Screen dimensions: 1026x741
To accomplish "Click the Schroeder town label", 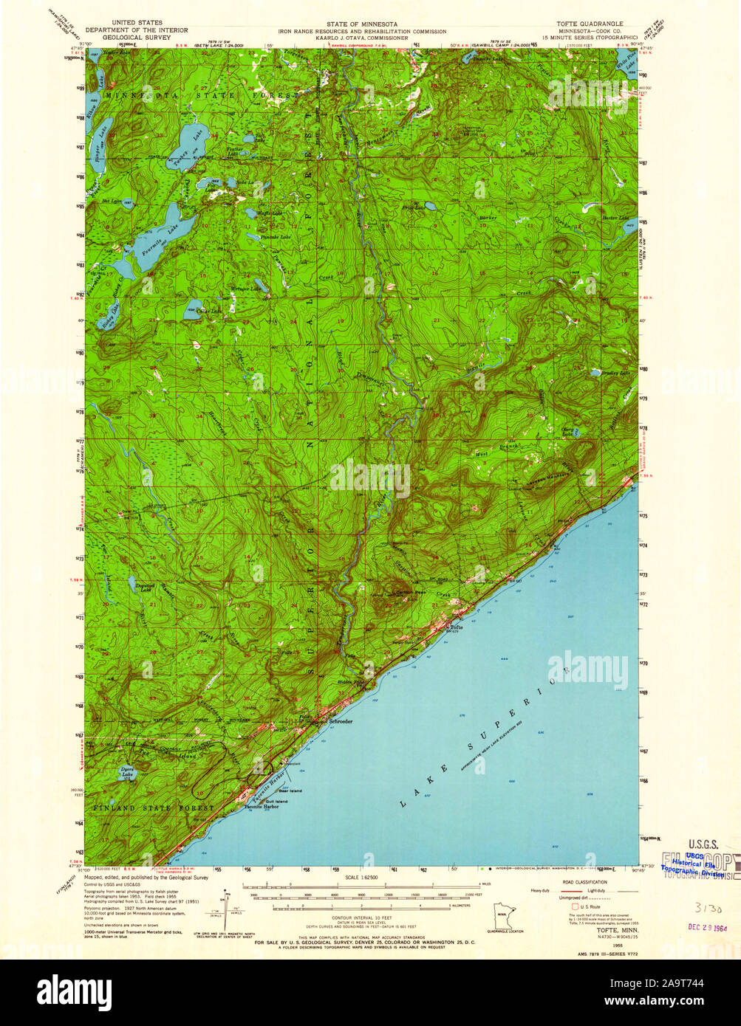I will (341, 720).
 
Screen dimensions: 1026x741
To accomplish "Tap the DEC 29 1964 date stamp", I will (706, 923).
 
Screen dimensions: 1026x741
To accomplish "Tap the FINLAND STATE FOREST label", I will (154, 808).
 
